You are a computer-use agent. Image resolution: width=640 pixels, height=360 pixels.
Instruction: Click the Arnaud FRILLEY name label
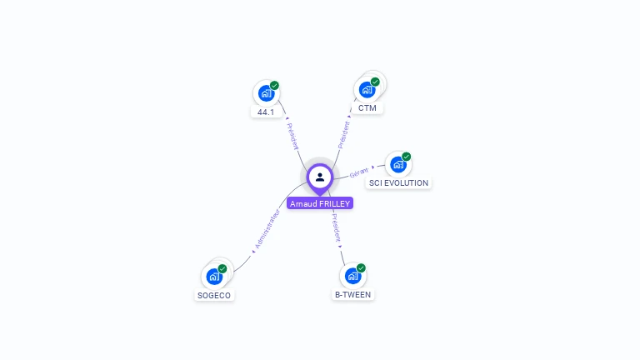[320, 203]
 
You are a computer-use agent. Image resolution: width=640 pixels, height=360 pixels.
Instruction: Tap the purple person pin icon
[320, 177]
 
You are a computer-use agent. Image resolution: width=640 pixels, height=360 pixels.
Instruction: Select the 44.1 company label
[266, 112]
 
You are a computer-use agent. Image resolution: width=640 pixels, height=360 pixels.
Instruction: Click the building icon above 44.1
[266, 92]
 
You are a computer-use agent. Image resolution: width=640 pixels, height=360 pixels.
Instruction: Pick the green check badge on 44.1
[274, 85]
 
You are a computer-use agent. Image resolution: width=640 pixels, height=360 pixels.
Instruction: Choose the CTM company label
[367, 108]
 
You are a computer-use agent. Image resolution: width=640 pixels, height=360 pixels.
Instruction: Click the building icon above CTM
[367, 89]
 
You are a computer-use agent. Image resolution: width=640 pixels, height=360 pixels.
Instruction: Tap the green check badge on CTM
[375, 82]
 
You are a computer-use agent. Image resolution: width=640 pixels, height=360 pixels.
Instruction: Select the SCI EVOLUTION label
[399, 183]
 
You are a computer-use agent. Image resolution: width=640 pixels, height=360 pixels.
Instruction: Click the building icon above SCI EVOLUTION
[398, 164]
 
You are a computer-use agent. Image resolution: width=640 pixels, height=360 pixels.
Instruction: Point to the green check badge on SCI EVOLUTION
[407, 157]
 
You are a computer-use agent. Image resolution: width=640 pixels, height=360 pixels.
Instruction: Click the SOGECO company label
[214, 295]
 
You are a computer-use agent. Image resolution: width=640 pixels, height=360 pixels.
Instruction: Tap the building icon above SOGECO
[214, 276]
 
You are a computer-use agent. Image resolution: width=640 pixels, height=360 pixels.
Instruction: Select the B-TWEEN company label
[353, 294]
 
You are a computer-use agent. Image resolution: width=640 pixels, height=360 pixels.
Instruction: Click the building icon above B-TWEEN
[353, 275]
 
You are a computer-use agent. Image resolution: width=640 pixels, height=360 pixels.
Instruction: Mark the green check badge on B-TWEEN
[361, 267]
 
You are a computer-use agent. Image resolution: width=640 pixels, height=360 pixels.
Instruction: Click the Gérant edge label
[359, 172]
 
